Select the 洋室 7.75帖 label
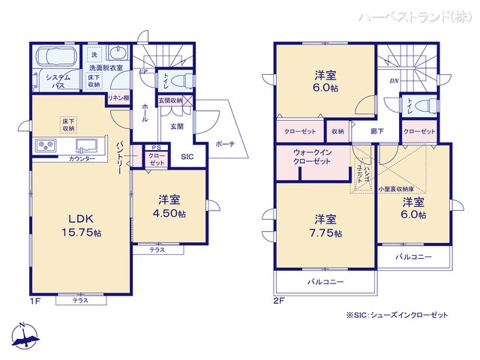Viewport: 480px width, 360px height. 325,226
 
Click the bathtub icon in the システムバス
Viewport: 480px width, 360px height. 55,58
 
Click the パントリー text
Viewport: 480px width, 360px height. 119,157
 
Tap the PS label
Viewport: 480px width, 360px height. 155,147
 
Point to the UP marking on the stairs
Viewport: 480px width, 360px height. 142,72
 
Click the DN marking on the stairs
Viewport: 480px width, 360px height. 393,81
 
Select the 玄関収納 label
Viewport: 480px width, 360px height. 169,100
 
